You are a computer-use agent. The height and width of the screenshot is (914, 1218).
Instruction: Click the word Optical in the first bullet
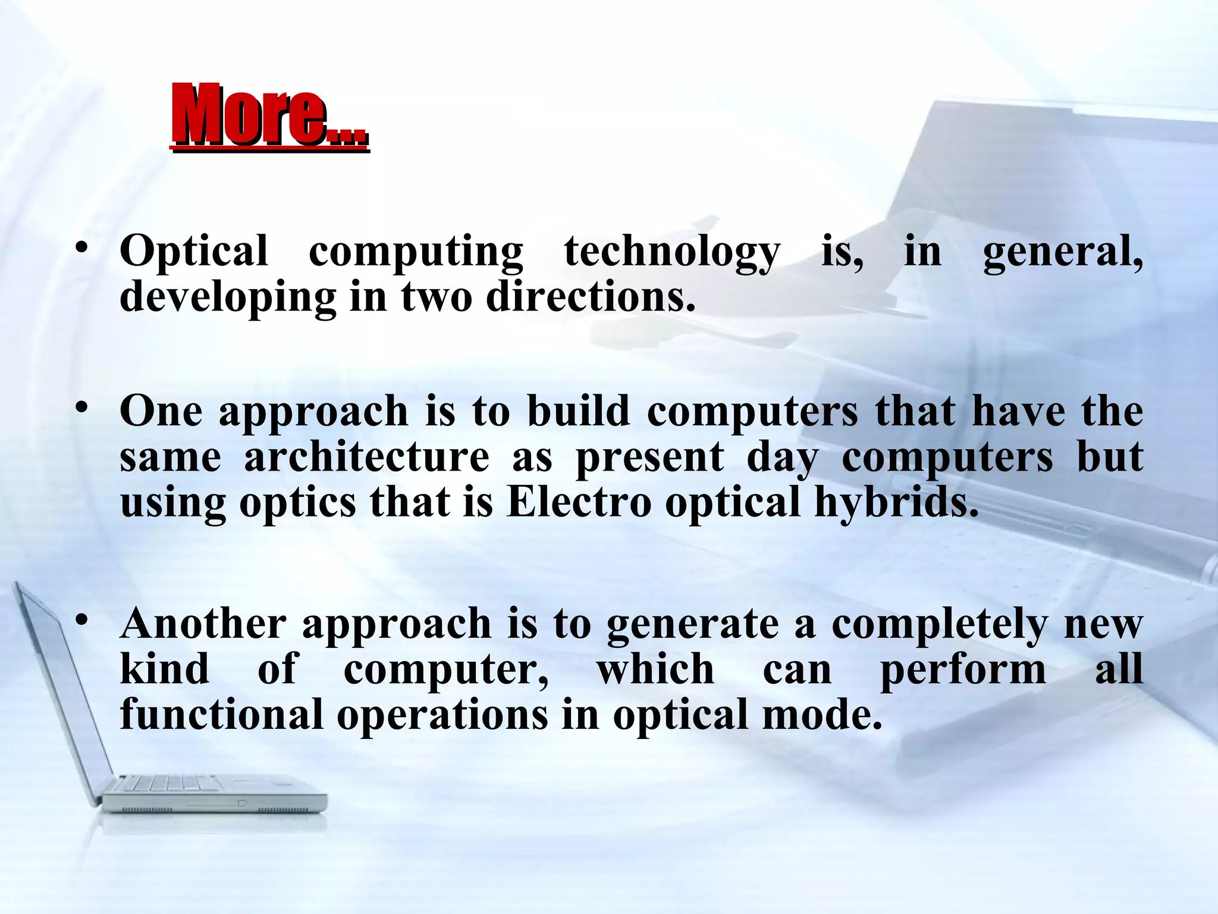point(194,252)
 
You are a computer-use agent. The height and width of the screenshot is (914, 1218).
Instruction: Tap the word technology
point(671,252)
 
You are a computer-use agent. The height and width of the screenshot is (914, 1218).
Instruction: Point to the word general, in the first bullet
point(1062,252)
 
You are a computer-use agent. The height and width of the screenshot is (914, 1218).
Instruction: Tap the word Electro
point(579,502)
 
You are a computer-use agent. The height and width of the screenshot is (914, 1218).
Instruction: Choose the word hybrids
point(896,502)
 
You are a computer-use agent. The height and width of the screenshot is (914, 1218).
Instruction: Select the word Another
point(203,624)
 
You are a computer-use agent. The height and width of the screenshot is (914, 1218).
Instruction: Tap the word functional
point(221,715)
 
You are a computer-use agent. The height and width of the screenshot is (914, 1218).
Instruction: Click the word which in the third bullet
point(655,669)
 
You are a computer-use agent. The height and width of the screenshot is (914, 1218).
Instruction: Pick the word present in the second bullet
point(650,458)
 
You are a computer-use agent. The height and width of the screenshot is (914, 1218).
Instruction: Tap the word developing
point(228,298)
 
